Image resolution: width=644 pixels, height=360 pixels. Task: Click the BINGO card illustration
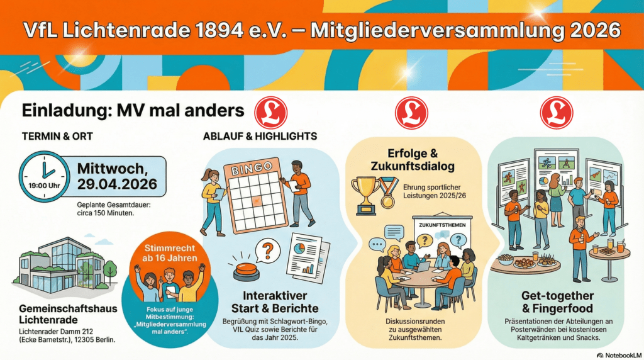pyautogui.click(x=250, y=193)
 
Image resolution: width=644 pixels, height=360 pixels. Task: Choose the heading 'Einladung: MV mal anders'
pyautogui.click(x=133, y=111)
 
